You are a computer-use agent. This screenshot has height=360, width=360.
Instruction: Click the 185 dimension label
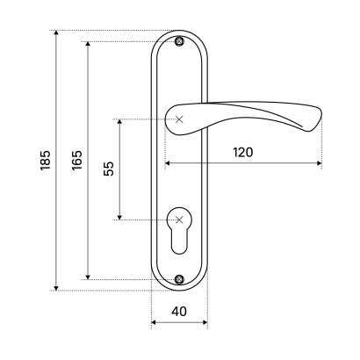point(46,161)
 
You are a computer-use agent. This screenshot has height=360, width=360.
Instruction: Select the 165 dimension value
point(77,161)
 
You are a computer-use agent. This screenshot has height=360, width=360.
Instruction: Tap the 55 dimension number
point(109,169)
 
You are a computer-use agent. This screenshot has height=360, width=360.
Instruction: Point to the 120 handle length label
point(243,153)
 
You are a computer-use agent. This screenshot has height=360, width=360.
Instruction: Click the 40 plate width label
point(179,312)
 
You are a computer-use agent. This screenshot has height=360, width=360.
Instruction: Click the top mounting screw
point(179,41)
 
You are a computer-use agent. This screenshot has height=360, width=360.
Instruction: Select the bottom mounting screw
point(179,279)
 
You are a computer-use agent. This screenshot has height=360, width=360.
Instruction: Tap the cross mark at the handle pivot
point(179,119)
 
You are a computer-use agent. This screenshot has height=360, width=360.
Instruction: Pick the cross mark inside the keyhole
point(179,220)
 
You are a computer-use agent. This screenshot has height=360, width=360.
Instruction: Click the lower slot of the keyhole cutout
point(179,241)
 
